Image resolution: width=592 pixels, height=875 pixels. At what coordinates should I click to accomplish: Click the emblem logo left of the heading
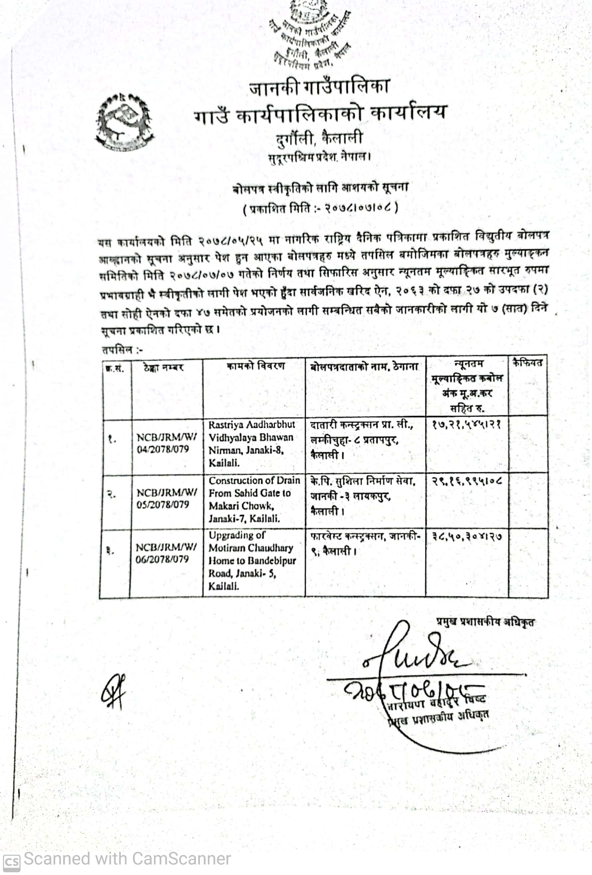[124, 122]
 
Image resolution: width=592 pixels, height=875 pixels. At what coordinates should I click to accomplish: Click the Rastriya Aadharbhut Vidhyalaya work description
[252, 443]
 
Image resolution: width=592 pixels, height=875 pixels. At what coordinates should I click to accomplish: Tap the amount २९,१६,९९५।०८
[467, 480]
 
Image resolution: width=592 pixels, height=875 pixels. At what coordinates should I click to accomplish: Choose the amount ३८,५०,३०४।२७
[467, 536]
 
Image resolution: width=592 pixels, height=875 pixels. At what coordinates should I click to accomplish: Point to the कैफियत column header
[527, 363]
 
